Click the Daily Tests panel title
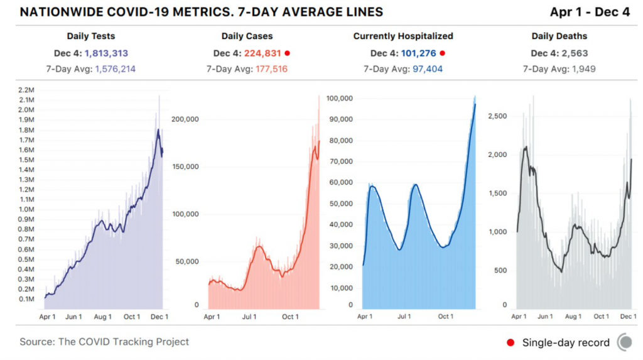tap(91, 36)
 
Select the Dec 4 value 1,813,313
tap(107, 53)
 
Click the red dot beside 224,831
tap(288, 53)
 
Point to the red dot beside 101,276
tap(442, 53)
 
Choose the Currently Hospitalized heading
tap(403, 36)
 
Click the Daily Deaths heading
tap(559, 36)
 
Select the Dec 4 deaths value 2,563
tap(575, 53)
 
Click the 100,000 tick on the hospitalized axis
tap(338, 99)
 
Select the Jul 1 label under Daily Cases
tap(250, 317)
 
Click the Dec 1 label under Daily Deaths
tap(629, 317)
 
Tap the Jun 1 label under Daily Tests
tap(74, 317)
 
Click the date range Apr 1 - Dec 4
tap(590, 12)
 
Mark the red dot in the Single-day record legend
tap(511, 342)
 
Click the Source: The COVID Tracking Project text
tap(104, 342)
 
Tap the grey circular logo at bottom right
tap(625, 342)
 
